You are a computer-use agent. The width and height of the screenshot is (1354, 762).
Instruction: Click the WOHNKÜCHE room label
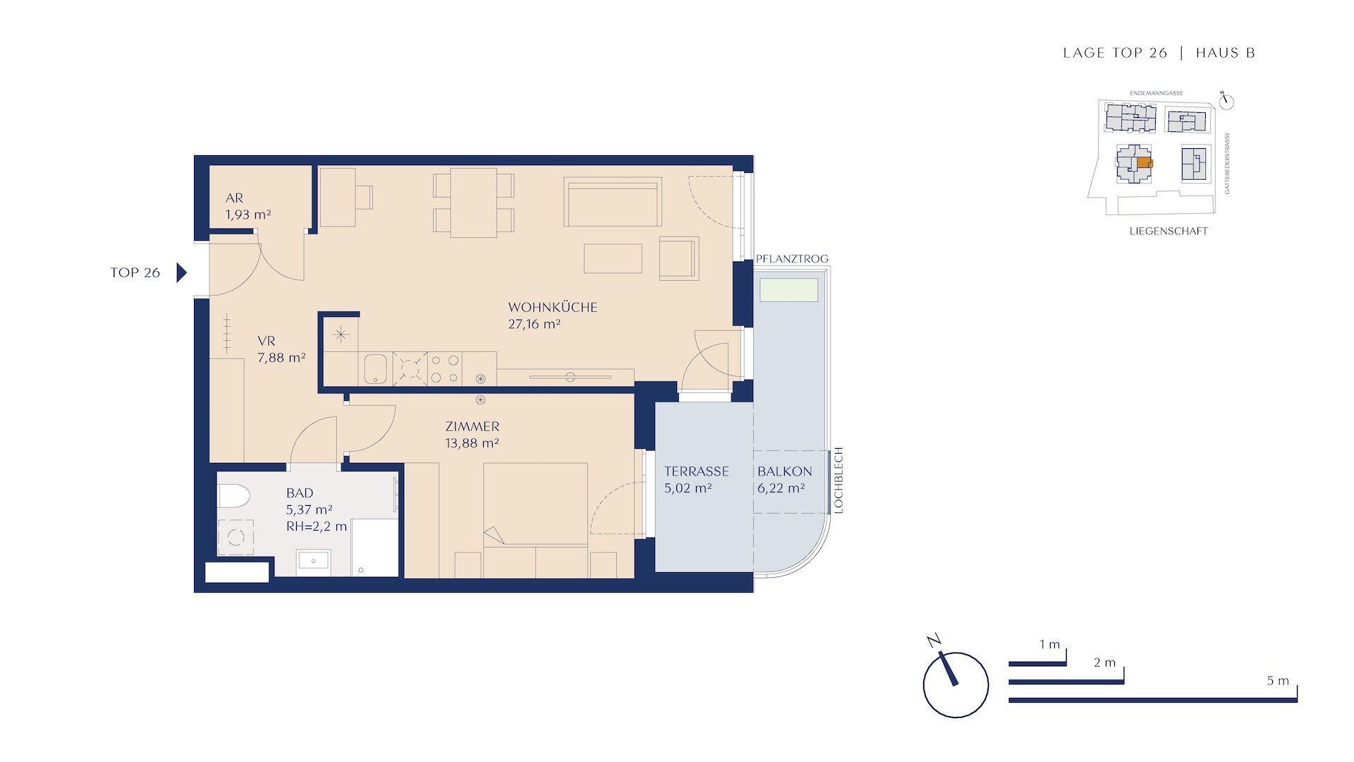pyautogui.click(x=552, y=308)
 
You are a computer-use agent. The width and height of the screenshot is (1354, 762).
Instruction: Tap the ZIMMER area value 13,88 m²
pyautogui.click(x=472, y=444)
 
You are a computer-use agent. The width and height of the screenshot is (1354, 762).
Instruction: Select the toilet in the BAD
pyautogui.click(x=233, y=496)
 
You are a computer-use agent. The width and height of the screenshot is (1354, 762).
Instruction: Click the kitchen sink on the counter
pyautogui.click(x=375, y=368)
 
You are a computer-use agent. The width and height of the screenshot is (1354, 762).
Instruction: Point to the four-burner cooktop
pyautogui.click(x=445, y=369)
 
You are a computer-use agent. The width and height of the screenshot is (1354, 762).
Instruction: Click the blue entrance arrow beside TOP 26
pyautogui.click(x=182, y=272)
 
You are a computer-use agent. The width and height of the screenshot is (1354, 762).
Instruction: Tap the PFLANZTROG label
pyautogui.click(x=792, y=259)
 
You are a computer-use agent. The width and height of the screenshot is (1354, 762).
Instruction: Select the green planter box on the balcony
pyautogui.click(x=788, y=290)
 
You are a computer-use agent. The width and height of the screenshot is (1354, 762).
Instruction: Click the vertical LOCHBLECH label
pyautogui.click(x=838, y=480)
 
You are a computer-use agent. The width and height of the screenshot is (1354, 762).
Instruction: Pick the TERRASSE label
pyautogui.click(x=696, y=471)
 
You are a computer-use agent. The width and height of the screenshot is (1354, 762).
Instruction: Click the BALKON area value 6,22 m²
pyautogui.click(x=781, y=488)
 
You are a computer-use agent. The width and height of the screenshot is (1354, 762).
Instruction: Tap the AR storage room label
pyautogui.click(x=234, y=198)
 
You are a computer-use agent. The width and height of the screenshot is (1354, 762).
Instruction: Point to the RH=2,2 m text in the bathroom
pyautogui.click(x=317, y=526)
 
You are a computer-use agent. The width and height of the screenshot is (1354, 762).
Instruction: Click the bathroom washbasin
pyautogui.click(x=313, y=561)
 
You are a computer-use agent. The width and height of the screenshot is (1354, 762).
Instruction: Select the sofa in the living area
pyautogui.click(x=613, y=202)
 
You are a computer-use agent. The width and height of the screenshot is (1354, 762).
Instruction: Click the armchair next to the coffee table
pyautogui.click(x=679, y=258)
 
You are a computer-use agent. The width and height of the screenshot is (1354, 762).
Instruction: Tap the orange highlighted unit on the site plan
pyautogui.click(x=1143, y=163)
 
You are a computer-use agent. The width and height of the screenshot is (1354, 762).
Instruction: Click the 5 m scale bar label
pyautogui.click(x=1278, y=681)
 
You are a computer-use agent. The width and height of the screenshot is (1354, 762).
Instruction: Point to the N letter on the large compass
pyautogui.click(x=934, y=641)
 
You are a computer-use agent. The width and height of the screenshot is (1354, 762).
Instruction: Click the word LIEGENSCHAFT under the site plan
pyautogui.click(x=1169, y=231)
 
